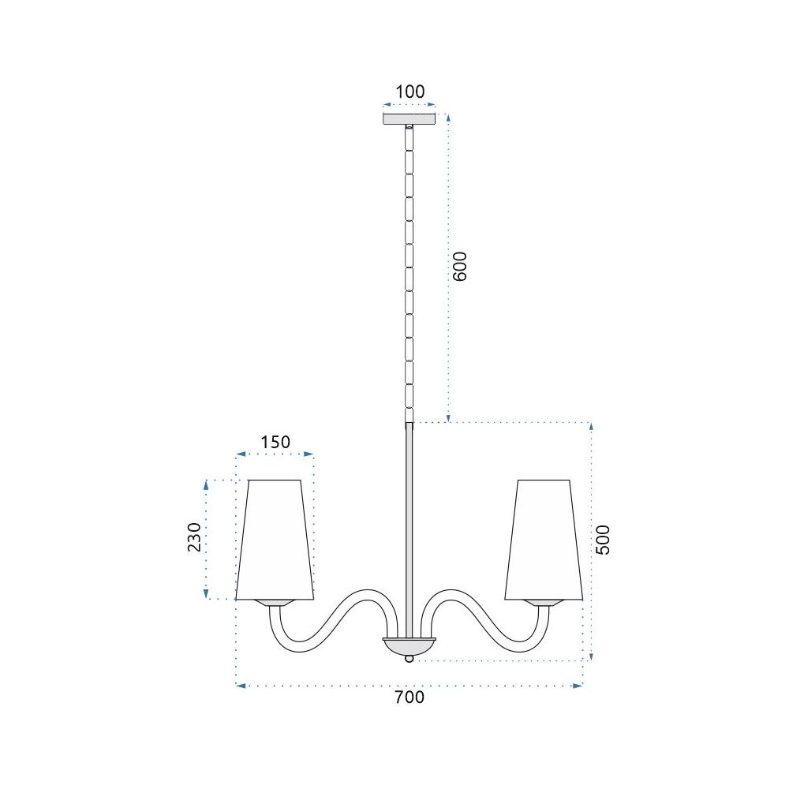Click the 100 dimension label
tap(409, 92)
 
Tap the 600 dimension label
tap(460, 266)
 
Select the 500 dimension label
tap(602, 540)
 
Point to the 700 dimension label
tap(409, 697)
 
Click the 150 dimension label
tap(275, 442)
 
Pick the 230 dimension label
tap(194, 537)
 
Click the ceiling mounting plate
tap(409, 119)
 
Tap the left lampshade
tap(275, 540)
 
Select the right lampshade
tap(544, 540)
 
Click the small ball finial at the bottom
tap(409, 658)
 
